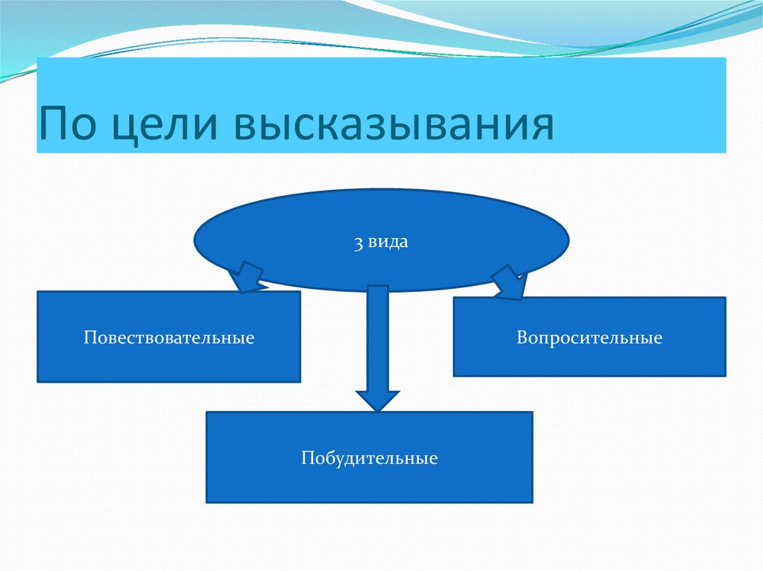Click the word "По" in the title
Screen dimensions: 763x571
[67, 124]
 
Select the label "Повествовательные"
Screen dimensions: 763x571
[169, 338]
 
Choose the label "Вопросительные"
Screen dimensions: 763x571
[589, 338]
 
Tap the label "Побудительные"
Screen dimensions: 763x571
[369, 457]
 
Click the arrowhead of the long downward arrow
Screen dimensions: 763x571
[378, 399]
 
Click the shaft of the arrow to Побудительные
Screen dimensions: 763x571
[378, 335]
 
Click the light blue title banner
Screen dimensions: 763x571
[633, 104]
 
